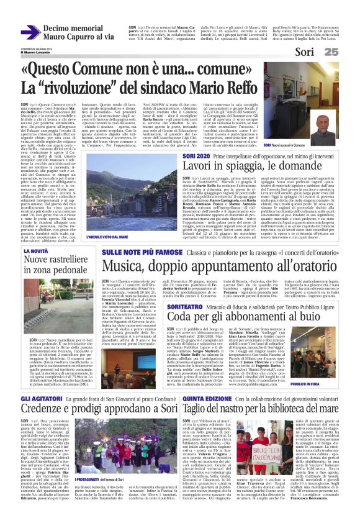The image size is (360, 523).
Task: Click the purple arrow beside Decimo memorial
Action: click(30, 32)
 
